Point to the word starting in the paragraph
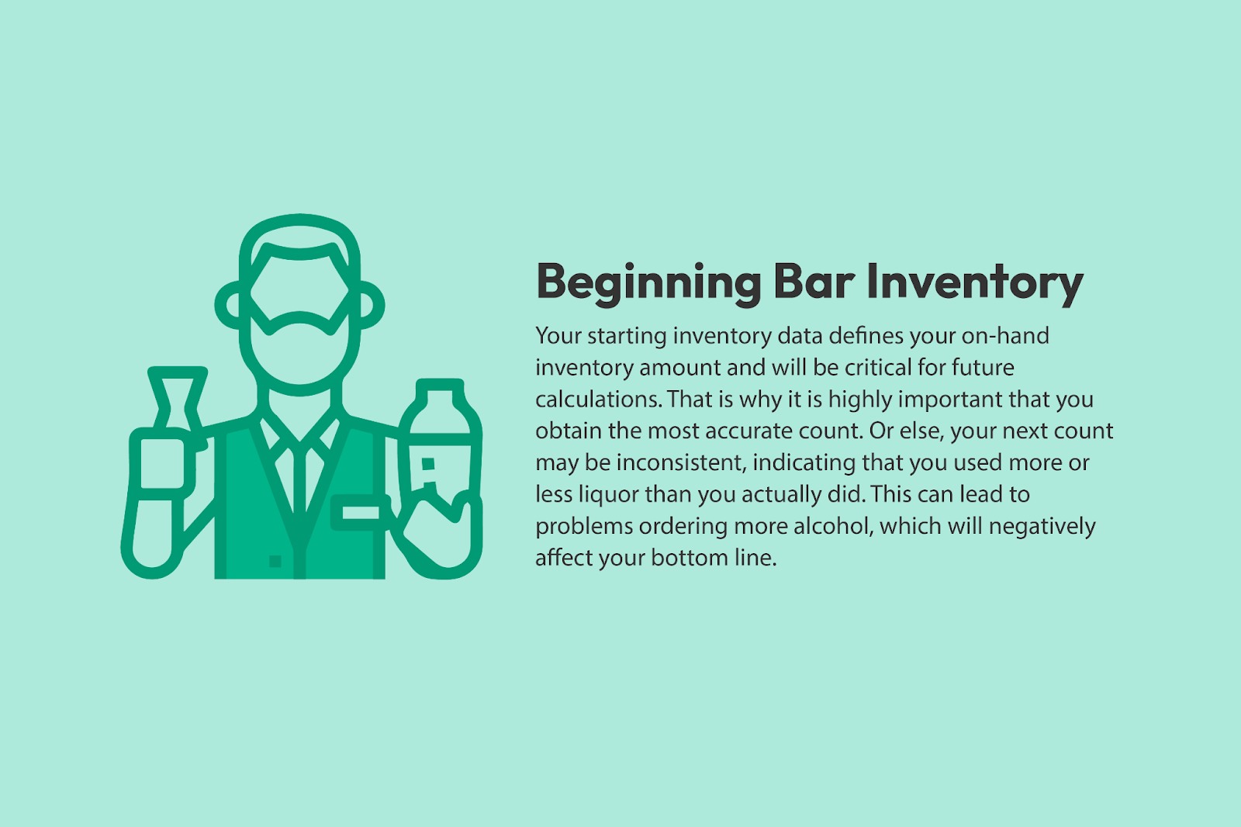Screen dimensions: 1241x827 tap(627, 337)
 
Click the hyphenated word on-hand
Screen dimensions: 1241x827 tap(1005, 336)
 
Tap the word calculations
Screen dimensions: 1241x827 tap(598, 400)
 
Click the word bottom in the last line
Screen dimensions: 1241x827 tap(690, 558)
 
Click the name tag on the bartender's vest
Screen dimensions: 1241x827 tap(361, 512)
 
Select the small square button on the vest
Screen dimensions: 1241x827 tap(275, 561)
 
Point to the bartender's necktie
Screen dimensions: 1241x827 tap(299, 488)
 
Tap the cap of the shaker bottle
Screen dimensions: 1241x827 tap(440, 391)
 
